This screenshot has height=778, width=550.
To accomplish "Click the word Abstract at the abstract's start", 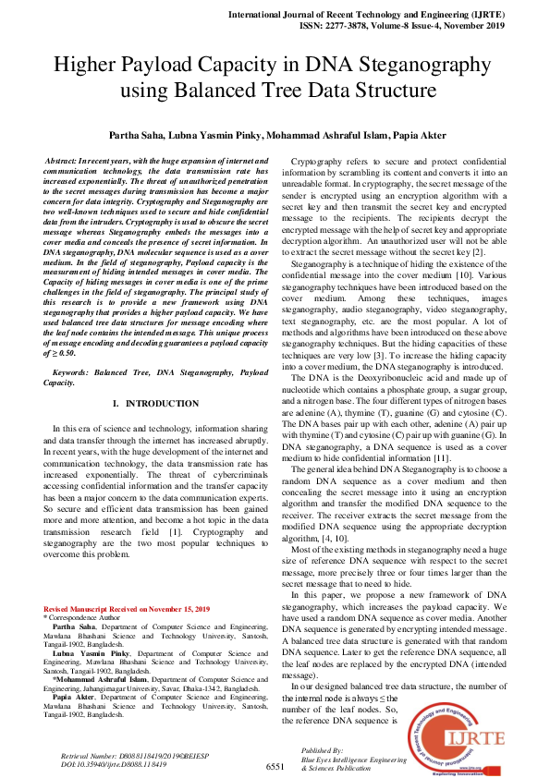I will point(66,162).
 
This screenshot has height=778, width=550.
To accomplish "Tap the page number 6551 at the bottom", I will point(275,767).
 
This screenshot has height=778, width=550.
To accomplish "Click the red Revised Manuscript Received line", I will point(127,609).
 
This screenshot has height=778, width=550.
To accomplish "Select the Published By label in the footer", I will point(324,751).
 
